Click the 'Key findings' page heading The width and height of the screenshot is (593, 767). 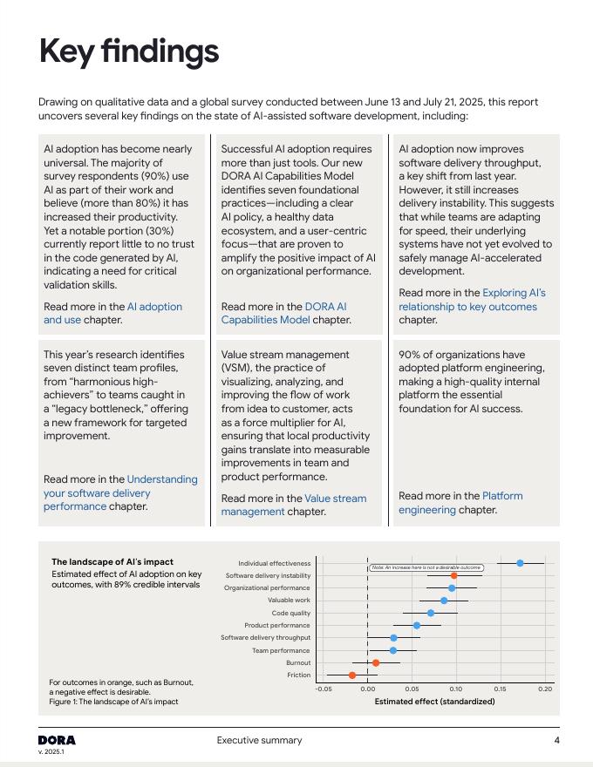129,52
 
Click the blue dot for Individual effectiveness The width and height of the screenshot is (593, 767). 520,563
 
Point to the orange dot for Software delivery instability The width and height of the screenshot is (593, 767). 453,575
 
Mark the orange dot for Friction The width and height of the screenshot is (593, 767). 352,675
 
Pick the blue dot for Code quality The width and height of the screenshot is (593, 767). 430,613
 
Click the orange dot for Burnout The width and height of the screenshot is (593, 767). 376,662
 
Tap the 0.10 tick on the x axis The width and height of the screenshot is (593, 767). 456,689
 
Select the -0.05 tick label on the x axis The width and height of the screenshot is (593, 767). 324,689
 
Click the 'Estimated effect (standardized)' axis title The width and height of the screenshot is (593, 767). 422,701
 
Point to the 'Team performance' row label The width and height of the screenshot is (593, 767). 281,650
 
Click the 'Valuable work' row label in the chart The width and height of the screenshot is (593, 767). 289,601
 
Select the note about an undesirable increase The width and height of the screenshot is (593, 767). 426,567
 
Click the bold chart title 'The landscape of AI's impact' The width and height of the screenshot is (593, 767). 112,562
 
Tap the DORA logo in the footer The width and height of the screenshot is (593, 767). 57,740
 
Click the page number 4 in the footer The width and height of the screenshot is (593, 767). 556,741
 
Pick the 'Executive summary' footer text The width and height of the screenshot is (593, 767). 260,741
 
